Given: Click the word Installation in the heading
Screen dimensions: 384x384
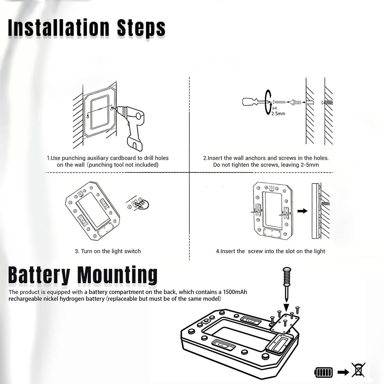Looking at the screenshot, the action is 59,28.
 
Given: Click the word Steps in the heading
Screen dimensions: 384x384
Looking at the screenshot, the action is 141,28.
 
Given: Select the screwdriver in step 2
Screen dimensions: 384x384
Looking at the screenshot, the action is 256,102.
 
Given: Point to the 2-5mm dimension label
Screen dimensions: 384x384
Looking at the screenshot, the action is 278,114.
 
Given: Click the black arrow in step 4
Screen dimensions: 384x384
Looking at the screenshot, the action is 303,211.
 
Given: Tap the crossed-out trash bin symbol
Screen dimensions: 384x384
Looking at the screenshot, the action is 358,370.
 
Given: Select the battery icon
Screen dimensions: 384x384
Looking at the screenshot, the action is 324,372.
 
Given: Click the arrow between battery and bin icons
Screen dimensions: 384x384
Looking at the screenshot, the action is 343,372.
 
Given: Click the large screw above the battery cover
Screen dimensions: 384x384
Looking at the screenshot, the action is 287,284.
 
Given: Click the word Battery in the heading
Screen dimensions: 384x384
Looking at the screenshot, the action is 39,275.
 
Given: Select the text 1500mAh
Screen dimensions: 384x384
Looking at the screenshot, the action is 235,292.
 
